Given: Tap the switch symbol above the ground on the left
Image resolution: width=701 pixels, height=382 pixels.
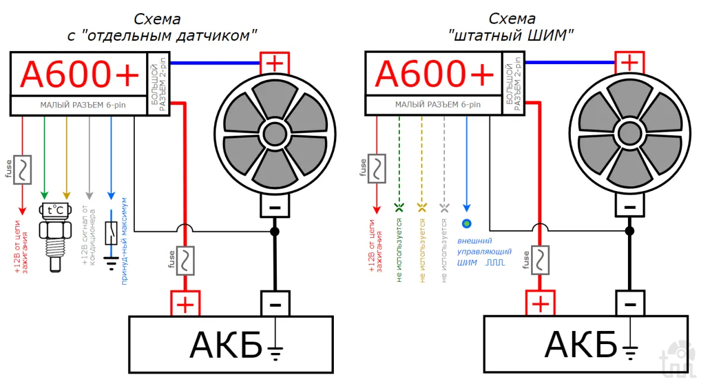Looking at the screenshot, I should tap(110, 233).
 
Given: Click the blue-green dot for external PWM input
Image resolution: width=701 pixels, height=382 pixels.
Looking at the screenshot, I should tap(466, 224).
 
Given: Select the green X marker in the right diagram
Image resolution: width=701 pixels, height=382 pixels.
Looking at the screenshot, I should tap(399, 207).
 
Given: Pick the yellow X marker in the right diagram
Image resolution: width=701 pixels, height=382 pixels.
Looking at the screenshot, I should tap(422, 207).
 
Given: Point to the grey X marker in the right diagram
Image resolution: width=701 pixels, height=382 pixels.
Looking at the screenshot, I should tap(444, 207).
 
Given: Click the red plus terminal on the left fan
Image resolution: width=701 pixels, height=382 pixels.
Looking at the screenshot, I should tap(274, 62).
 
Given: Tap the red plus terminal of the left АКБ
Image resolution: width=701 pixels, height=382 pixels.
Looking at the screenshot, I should tap(185, 304).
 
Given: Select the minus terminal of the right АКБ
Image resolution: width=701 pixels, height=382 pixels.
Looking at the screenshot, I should tap(630, 304).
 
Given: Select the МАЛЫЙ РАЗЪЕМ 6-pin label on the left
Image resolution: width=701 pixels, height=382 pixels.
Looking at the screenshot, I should tap(78, 105).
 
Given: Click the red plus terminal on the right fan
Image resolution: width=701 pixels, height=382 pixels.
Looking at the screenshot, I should tap(629, 62).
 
